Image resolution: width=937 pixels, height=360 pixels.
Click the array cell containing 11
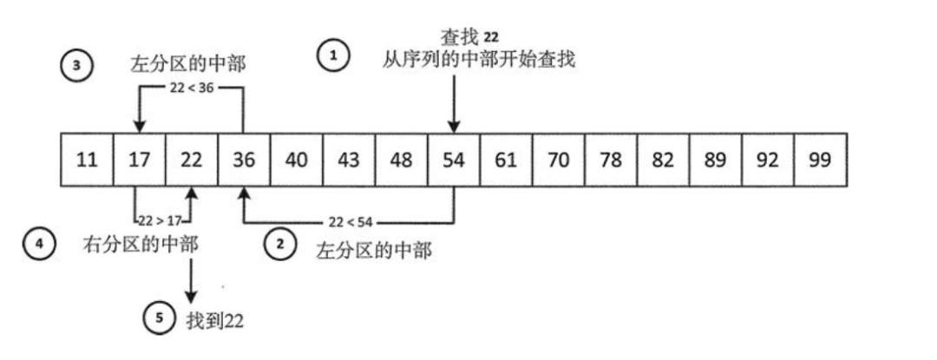click(87, 160)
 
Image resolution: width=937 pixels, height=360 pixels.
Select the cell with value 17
click(139, 160)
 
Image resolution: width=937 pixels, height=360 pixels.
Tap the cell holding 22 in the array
click(192, 160)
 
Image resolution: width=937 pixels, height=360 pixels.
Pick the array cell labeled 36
click(244, 160)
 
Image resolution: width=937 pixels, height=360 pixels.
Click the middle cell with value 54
click(453, 160)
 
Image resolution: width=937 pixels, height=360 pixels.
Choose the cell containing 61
click(505, 160)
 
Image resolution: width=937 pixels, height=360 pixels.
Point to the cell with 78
click(611, 160)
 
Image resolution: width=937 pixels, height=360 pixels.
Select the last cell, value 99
click(820, 160)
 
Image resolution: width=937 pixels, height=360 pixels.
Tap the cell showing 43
click(349, 160)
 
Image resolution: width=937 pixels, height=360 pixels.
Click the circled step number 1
click(334, 56)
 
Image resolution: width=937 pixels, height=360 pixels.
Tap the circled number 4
click(38, 245)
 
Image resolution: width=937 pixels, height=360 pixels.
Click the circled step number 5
click(159, 319)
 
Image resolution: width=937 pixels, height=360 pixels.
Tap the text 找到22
click(214, 320)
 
